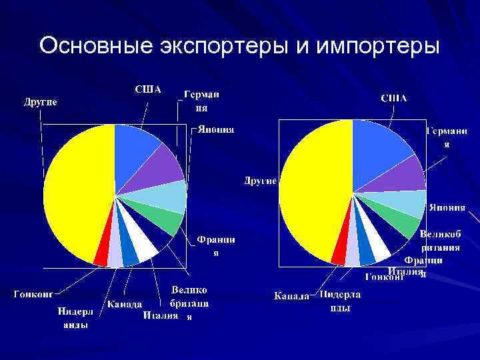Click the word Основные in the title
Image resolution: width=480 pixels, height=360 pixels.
[93, 46]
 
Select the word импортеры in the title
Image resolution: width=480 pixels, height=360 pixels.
[377, 46]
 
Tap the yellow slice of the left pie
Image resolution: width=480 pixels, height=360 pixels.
[73, 193]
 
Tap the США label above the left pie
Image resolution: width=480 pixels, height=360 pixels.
[148, 89]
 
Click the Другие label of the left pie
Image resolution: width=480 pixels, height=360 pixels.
[41, 102]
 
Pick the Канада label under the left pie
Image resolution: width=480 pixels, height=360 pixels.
[125, 304]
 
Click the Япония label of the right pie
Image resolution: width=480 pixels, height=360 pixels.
[447, 207]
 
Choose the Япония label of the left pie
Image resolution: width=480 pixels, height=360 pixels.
[215, 129]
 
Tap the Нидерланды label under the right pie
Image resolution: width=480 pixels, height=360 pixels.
[339, 301]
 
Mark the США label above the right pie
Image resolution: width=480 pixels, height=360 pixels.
[393, 98]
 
